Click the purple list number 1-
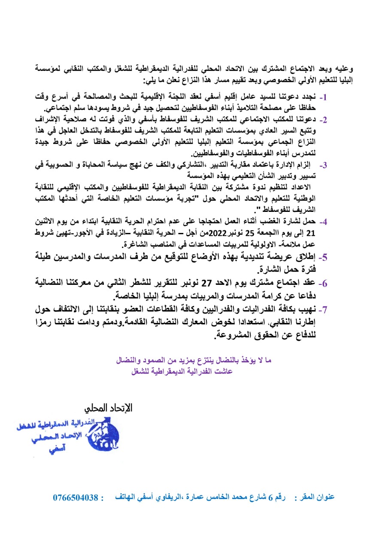click(324, 97)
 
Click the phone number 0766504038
click(76, 498)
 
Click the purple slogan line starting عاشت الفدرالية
click(183, 373)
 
